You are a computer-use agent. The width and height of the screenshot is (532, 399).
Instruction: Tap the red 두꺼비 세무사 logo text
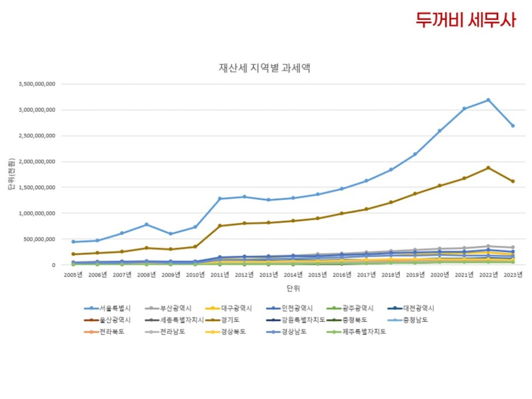click(x=466, y=20)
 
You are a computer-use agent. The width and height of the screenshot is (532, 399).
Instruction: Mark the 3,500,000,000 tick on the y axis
click(x=37, y=84)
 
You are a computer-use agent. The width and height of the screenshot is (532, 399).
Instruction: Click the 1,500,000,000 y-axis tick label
click(x=37, y=187)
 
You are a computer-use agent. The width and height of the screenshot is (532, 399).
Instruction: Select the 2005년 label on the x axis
click(x=73, y=274)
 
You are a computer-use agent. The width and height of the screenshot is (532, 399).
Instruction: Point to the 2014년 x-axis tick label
click(x=293, y=274)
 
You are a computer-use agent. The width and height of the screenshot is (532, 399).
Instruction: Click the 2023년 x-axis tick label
click(x=513, y=274)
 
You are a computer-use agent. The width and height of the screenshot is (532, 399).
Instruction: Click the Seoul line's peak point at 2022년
click(x=488, y=100)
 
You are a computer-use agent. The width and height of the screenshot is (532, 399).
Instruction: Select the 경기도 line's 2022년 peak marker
click(x=488, y=168)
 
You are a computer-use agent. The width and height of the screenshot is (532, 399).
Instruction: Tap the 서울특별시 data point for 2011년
click(x=220, y=199)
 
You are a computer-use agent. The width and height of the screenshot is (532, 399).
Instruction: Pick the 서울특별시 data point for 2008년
click(x=146, y=225)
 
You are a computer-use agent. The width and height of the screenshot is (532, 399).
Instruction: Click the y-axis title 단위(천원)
click(x=11, y=175)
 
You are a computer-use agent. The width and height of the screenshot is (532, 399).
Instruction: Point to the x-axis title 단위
click(x=292, y=288)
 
